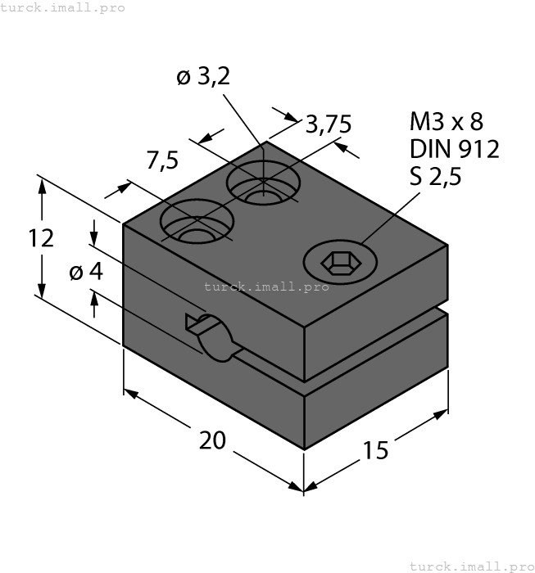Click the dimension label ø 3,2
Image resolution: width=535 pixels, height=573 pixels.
(x=202, y=78)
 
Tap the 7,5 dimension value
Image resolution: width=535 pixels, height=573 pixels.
(x=162, y=161)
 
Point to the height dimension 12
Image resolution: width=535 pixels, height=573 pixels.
(x=40, y=238)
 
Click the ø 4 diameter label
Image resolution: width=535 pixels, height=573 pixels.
(x=86, y=272)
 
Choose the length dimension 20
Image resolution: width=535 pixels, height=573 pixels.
(x=213, y=440)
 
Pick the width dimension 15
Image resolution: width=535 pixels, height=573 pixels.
(x=376, y=449)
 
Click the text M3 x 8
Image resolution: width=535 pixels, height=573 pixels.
(x=447, y=123)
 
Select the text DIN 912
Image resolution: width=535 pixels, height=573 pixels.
(x=454, y=149)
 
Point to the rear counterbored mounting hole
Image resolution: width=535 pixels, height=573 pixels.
(x=263, y=185)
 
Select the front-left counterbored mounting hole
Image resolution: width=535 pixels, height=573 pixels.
(x=197, y=223)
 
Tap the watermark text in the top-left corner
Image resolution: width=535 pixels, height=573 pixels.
(x=63, y=7)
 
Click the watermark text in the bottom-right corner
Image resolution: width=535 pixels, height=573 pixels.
(x=471, y=566)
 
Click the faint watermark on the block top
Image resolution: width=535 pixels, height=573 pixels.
(x=266, y=286)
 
